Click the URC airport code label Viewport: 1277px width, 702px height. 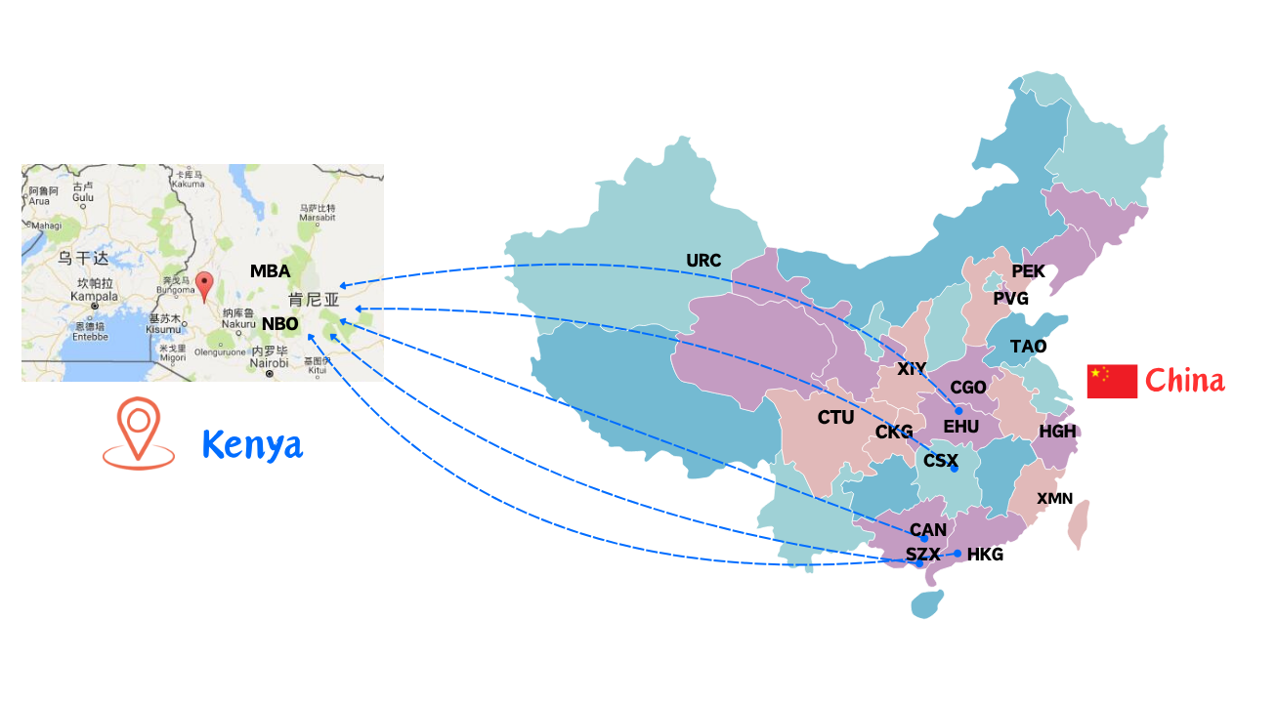tap(703, 261)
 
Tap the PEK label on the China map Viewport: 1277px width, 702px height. tap(1028, 271)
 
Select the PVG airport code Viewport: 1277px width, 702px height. tap(1011, 299)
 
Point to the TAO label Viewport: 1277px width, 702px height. tap(1028, 347)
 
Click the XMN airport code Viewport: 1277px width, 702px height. tap(1054, 499)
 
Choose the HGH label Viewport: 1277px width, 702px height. tap(1057, 431)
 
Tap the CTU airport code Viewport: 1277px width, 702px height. tap(835, 418)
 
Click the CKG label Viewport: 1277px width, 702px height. tap(894, 432)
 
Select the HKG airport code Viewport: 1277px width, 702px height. tap(985, 555)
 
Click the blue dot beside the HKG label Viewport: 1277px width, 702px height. tap(958, 554)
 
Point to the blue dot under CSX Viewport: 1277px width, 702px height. tap(955, 470)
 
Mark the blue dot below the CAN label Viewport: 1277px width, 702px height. tap(924, 539)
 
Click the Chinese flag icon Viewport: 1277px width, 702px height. tap(1112, 381)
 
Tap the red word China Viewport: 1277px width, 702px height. tap(1184, 380)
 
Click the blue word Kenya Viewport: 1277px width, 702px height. tap(252, 445)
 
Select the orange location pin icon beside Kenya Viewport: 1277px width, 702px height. tap(139, 433)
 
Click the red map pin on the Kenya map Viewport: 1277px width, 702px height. tap(204, 286)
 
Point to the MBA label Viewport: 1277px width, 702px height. tap(270, 271)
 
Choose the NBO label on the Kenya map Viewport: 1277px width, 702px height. tap(279, 323)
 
